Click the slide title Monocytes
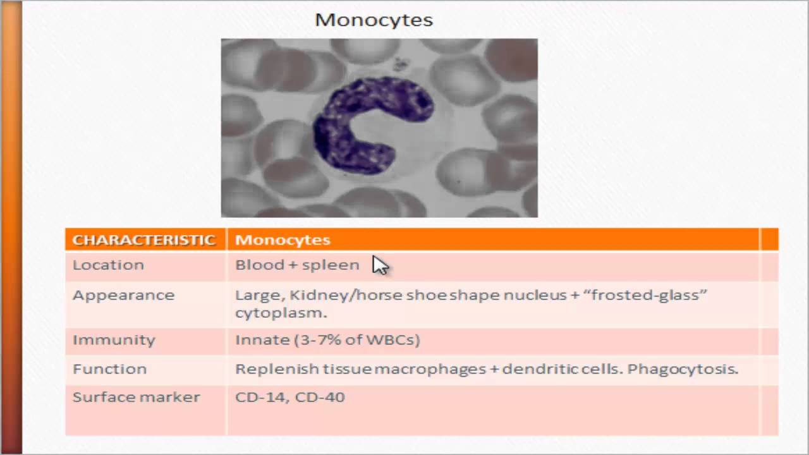[374, 20]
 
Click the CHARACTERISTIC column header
[144, 240]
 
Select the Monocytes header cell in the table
[283, 240]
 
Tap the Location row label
[108, 265]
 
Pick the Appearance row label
[123, 295]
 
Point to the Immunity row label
[114, 340]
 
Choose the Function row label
[109, 369]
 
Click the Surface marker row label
[136, 397]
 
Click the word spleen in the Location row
[334, 265]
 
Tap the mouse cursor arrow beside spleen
[380, 265]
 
